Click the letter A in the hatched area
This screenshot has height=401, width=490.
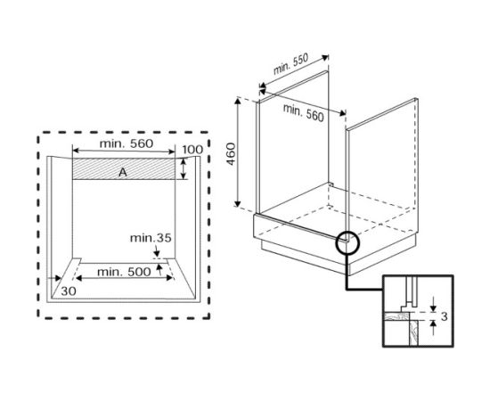pos(123,172)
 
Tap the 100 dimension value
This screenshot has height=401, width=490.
pos(192,150)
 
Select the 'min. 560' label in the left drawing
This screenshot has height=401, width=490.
pos(127,143)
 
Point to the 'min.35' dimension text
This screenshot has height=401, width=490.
pos(151,238)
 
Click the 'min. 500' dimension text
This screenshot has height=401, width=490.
pos(124,272)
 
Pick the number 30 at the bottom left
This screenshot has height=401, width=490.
pos(69,291)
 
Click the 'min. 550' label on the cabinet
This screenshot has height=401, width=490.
pos(291,64)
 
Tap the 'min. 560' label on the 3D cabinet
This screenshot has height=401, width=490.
pos(304,112)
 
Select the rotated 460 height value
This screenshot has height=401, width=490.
pos(231,154)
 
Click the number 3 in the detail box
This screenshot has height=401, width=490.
pos(444,316)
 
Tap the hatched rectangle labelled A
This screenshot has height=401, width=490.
pos(124,168)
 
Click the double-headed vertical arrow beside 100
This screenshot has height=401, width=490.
pos(184,168)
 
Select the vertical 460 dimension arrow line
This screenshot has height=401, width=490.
pos(238,152)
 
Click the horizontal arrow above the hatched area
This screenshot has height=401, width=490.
pos(124,151)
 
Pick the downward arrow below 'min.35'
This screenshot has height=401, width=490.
pos(157,251)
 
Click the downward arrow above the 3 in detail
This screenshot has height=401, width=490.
pos(433,304)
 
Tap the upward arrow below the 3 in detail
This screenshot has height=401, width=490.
pos(433,328)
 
